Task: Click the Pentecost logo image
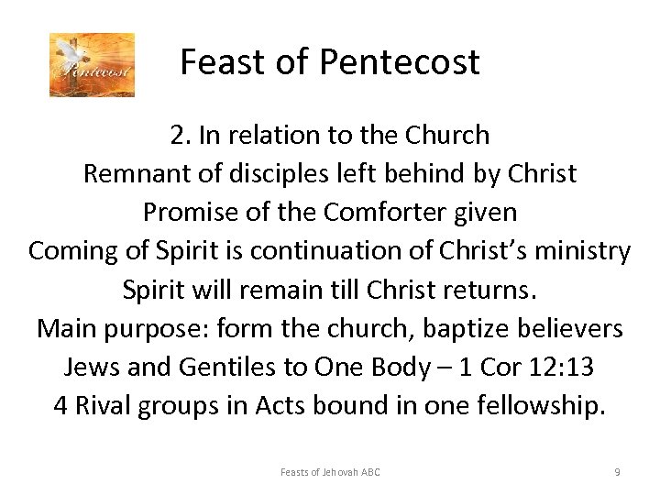[92, 65]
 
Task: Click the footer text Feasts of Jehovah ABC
[330, 472]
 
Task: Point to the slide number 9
[617, 472]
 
